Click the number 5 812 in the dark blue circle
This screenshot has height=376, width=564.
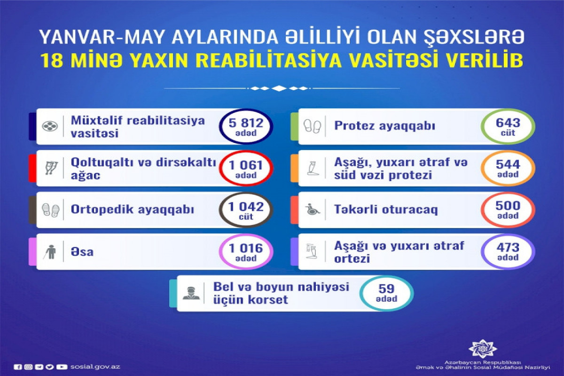coord(246,123)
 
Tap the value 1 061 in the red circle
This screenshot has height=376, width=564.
coord(246,165)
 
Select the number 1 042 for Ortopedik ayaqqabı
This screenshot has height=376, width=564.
coord(246,207)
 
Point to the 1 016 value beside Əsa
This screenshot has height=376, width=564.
coord(246,249)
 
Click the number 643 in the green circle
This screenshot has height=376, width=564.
coord(508,123)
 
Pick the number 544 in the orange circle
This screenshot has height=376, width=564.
coord(508,164)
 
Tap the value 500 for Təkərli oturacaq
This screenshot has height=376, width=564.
coord(508,206)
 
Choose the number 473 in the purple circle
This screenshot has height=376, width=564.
coord(508,248)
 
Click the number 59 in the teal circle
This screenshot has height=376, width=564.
coord(386,289)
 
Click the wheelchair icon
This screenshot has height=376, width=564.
coord(312,210)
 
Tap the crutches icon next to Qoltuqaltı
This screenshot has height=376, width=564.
coord(51,168)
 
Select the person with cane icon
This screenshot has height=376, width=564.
coord(50,252)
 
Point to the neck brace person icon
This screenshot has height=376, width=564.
coord(191,293)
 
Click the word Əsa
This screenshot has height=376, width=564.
coord(82,252)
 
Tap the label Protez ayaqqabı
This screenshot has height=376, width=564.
coord(385,126)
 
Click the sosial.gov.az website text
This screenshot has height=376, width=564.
coord(95,367)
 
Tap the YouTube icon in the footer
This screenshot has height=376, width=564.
coord(62,367)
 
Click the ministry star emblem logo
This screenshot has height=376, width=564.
coord(482,349)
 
